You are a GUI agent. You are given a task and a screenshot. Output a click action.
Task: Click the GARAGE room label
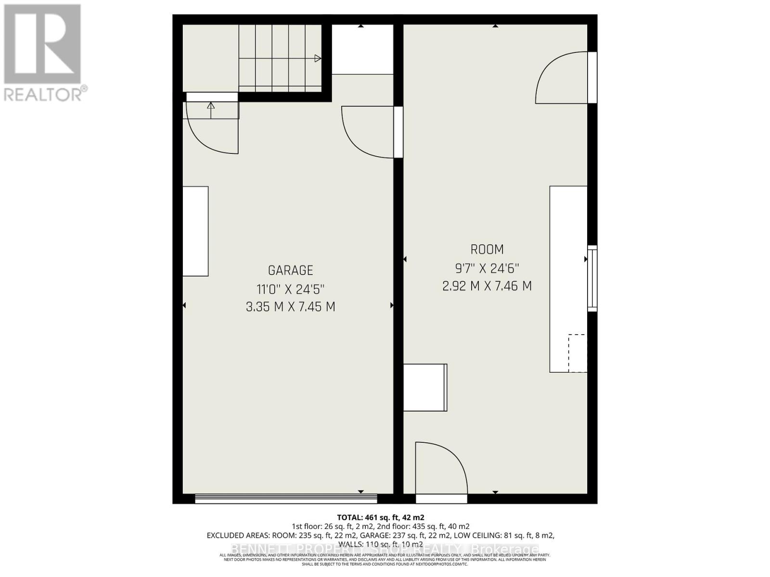[x=290, y=270]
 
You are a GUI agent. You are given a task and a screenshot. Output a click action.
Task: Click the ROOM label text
[x=487, y=250]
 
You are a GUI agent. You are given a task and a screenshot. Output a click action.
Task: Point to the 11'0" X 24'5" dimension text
[x=290, y=289]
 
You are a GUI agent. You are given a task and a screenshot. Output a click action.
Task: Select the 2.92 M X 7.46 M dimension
[x=487, y=286]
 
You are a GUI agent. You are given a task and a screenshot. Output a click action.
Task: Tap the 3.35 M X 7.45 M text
[x=290, y=307]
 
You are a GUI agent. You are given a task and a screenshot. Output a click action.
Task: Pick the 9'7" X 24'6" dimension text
[x=487, y=268]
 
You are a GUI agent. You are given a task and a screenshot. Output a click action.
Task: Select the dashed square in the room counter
[x=577, y=353]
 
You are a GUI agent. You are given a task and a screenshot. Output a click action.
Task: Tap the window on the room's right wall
[x=592, y=278]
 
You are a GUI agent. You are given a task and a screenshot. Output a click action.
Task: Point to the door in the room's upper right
[x=563, y=78]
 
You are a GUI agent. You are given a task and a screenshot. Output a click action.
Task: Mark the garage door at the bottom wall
[x=286, y=499]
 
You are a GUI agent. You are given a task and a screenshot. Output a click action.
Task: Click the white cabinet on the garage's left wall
[x=195, y=231]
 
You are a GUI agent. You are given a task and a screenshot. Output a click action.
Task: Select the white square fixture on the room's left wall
[x=425, y=388]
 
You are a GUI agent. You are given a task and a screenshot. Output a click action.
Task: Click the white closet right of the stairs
[x=362, y=50]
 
